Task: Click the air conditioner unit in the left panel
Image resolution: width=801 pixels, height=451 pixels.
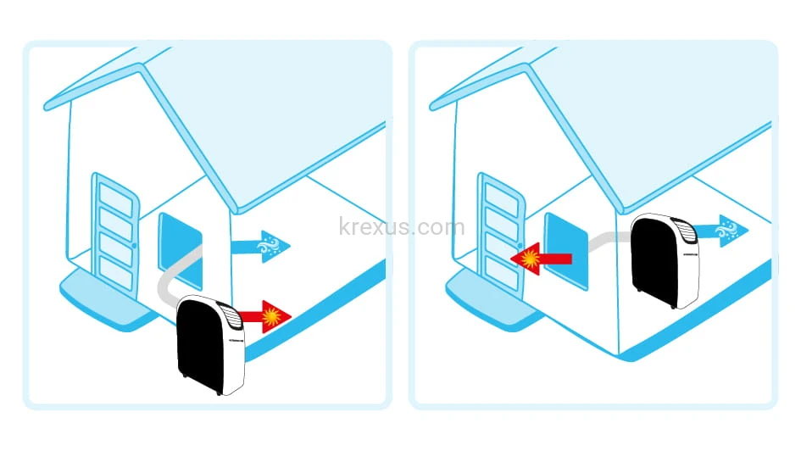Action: tap(210, 342)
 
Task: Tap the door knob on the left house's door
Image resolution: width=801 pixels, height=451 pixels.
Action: tap(135, 245)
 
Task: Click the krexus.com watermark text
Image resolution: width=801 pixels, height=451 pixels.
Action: tap(402, 227)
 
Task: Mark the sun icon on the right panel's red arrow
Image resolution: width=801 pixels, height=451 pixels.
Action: tap(531, 258)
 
